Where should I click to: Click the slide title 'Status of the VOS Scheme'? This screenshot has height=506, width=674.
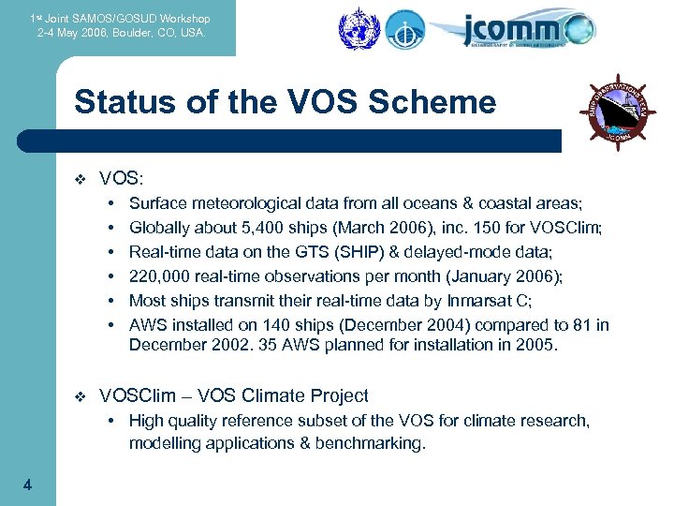coord(285,101)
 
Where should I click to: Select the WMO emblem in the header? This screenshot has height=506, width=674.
coord(356,28)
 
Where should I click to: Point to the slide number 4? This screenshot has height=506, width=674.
coord(27,484)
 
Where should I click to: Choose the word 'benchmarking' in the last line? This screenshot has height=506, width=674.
coord(375,443)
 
